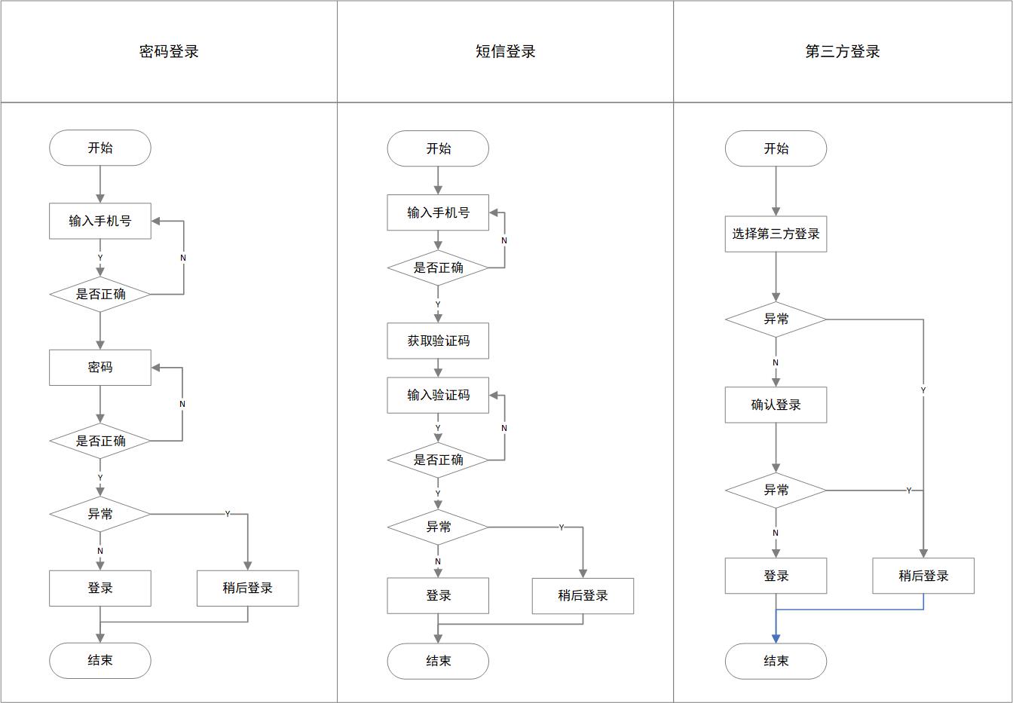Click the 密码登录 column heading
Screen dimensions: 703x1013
click(169, 51)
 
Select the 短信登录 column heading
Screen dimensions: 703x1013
click(505, 51)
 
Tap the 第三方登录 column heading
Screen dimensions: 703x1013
click(843, 51)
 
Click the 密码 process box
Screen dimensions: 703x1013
click(100, 368)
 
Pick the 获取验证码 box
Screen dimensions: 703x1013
click(438, 341)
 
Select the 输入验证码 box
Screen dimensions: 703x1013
click(438, 395)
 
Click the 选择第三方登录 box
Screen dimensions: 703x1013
click(776, 234)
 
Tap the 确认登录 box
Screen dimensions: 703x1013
click(776, 405)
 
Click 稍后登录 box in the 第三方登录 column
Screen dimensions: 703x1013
click(923, 576)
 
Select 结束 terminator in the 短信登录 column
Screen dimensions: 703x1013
click(438, 661)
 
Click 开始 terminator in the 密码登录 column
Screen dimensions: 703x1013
click(100, 148)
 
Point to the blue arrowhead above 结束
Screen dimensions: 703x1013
click(776, 638)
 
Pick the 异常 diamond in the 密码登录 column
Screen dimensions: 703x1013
click(100, 514)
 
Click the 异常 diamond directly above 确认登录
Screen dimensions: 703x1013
click(776, 319)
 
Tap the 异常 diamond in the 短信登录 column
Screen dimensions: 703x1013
click(438, 527)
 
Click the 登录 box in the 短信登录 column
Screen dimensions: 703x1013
click(438, 595)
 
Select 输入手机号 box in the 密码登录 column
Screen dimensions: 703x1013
click(100, 221)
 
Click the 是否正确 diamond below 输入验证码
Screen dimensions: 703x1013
click(438, 460)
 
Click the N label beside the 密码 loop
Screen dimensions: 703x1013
click(182, 404)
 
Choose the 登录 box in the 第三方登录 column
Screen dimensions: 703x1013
click(776, 576)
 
